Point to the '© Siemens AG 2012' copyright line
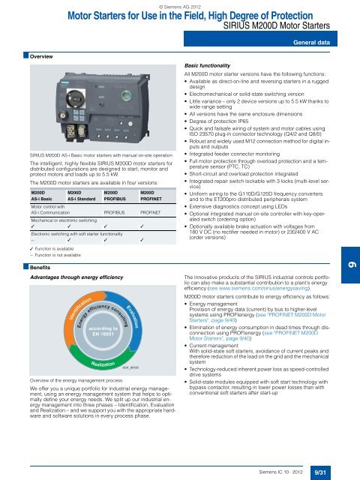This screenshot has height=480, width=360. [x=180, y=5]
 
